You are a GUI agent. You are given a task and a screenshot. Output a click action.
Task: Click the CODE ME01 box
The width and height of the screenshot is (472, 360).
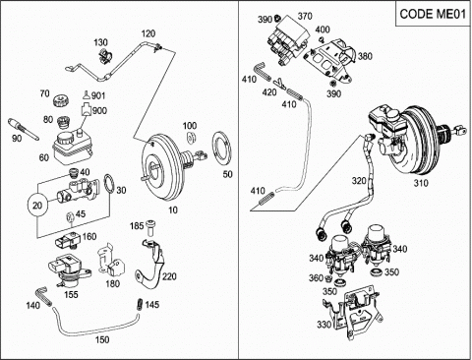coord(433,14)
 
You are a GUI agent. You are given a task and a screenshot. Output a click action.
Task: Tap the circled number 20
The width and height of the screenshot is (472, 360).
coord(37,206)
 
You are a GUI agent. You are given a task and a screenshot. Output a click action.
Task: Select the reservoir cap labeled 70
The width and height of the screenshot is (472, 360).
coord(60,100)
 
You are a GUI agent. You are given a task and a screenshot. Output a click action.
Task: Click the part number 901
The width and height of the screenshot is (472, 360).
coord(98,95)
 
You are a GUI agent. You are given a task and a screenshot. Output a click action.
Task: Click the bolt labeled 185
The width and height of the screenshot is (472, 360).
coord(151,228)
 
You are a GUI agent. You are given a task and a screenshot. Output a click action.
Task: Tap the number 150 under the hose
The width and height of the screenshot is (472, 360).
coord(102,339)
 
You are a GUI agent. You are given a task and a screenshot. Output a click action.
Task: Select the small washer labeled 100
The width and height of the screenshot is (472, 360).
coord(190,138)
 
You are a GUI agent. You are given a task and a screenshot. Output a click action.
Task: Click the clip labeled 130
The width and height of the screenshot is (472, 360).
coord(105,56)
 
